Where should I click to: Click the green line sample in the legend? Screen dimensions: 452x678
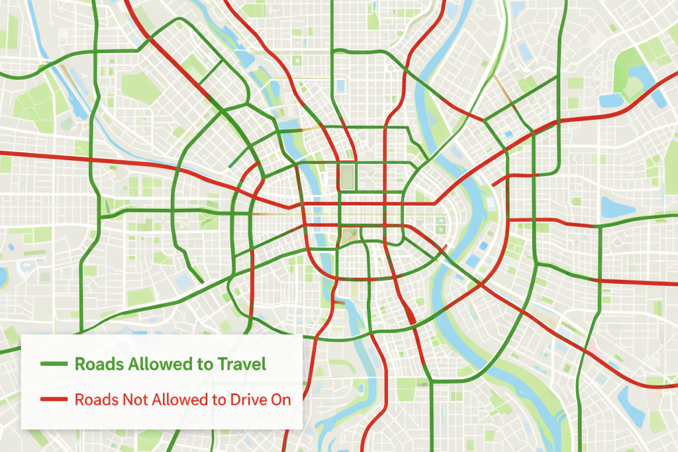point(54,364)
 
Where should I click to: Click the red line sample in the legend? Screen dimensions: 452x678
point(54,400)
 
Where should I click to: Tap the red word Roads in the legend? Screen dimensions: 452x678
point(91,400)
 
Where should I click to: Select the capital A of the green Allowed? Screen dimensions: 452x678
point(125,364)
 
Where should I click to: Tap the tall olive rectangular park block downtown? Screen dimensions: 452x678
point(347,177)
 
